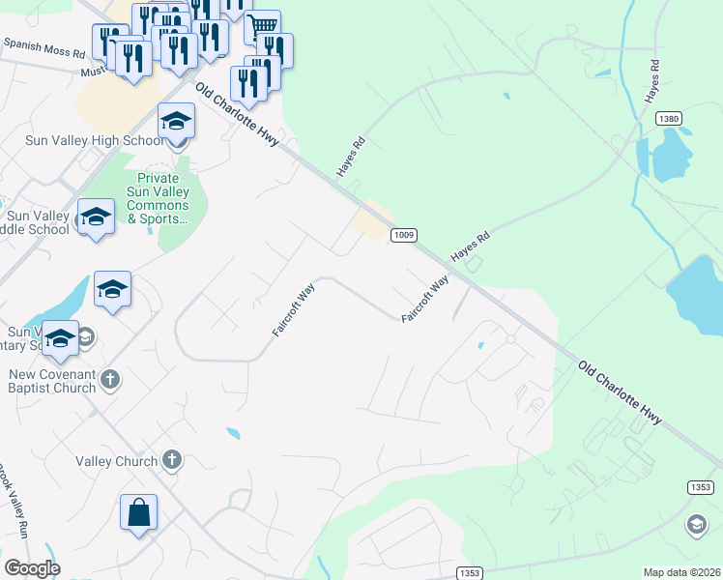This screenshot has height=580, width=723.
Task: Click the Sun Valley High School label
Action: click(x=95, y=141)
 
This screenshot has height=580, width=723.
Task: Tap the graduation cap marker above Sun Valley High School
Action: click(x=177, y=122)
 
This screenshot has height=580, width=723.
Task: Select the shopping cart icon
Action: click(x=262, y=26)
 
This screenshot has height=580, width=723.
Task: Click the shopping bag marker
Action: click(x=139, y=511)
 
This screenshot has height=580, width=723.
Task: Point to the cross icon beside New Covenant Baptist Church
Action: click(x=109, y=379)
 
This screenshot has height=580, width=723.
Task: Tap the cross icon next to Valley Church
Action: click(x=172, y=460)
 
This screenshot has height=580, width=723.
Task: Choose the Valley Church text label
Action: click(x=116, y=461)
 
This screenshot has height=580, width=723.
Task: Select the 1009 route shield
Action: click(x=404, y=235)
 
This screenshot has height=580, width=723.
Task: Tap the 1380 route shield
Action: click(x=668, y=118)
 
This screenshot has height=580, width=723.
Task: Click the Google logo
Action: click(x=32, y=567)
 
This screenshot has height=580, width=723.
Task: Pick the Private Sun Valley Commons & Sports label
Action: click(x=158, y=198)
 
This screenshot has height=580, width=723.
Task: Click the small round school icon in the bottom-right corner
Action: click(x=695, y=524)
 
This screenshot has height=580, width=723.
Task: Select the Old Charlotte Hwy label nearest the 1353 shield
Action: click(x=621, y=392)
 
